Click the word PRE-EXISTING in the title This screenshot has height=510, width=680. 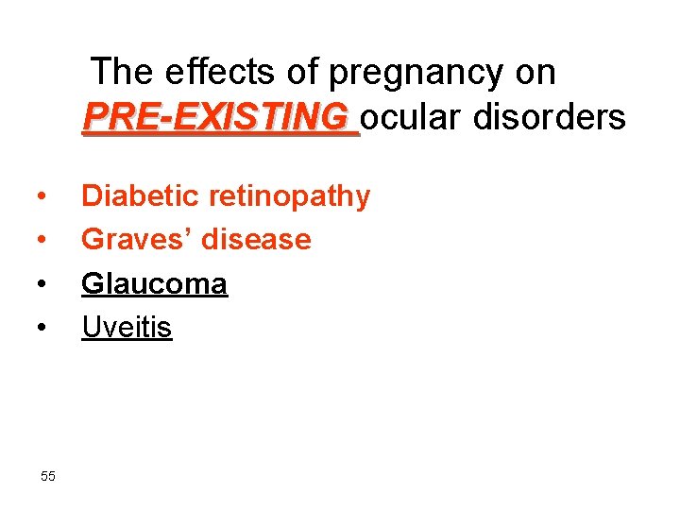pyautogui.click(x=215, y=117)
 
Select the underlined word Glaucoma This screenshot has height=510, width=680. pyautogui.click(x=154, y=283)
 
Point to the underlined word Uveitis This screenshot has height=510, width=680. pyautogui.click(x=127, y=327)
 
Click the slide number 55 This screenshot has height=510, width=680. pyautogui.click(x=48, y=476)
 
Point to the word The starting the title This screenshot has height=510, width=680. pyautogui.click(x=124, y=72)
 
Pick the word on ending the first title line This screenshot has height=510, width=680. pyautogui.click(x=535, y=73)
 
